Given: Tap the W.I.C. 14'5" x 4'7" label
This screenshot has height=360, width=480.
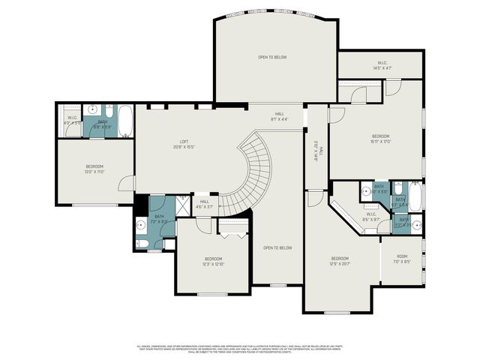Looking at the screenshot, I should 382,65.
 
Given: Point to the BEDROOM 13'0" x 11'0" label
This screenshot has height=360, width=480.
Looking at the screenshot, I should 94,169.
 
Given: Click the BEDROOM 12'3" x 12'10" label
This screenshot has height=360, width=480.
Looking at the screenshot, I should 213,262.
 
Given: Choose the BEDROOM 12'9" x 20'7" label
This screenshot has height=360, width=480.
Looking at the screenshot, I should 340,261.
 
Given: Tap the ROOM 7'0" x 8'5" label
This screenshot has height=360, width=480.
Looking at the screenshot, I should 402,259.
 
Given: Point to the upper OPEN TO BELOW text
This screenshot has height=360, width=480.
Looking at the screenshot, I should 272,58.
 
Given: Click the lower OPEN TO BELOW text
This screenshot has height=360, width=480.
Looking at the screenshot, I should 277,247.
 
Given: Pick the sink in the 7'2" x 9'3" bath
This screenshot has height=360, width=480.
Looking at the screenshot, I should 142,223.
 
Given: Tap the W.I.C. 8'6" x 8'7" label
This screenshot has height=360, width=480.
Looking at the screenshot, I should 371,217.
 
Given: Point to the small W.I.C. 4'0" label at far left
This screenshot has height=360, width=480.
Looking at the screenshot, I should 73,120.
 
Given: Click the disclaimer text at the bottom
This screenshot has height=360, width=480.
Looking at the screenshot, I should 240,349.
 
